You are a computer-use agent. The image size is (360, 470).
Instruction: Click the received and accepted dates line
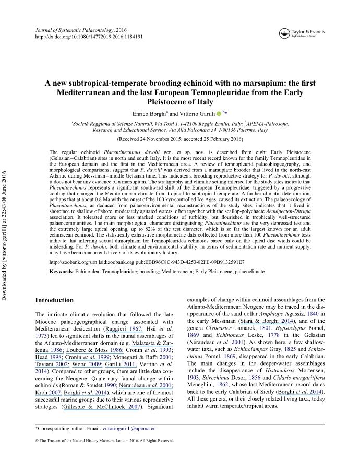click(180, 140)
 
